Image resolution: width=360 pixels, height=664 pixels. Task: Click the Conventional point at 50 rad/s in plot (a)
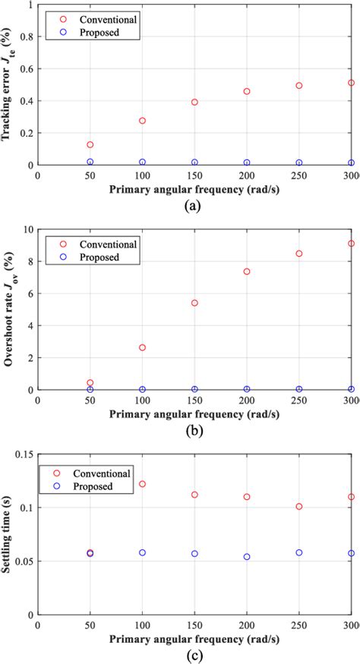[90, 144]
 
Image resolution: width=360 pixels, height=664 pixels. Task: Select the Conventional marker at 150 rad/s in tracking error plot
[194, 102]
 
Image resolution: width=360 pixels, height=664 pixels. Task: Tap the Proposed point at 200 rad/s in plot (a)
[247, 163]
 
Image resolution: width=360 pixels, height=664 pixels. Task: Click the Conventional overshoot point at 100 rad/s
[142, 347]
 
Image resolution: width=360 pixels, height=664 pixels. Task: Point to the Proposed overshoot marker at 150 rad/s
[194, 389]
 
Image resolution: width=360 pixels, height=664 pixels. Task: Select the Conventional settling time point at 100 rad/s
[142, 484]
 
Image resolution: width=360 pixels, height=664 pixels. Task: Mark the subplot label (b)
[195, 430]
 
